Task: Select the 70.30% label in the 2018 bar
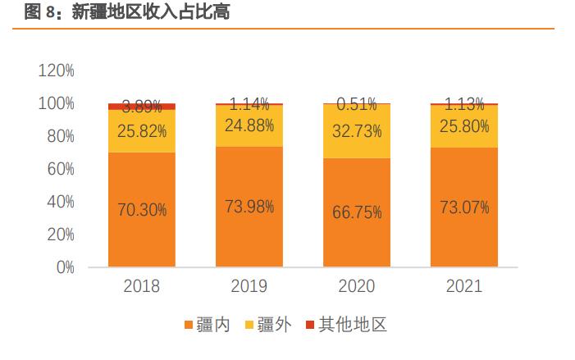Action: [x=141, y=210]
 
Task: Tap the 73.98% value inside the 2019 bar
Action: [x=249, y=207]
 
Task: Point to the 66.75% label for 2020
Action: [x=357, y=212]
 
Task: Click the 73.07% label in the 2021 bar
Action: [x=464, y=207]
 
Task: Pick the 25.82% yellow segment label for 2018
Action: [x=141, y=130]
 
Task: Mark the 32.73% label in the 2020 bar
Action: [x=357, y=130]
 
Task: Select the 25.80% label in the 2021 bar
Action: [x=464, y=126]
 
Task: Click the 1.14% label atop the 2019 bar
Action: [x=249, y=104]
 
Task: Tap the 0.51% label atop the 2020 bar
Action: [x=357, y=104]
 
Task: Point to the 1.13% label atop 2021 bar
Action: [x=464, y=103]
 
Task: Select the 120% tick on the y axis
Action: [x=56, y=71]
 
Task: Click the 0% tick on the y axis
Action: [x=64, y=267]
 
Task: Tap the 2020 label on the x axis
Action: [x=357, y=286]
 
